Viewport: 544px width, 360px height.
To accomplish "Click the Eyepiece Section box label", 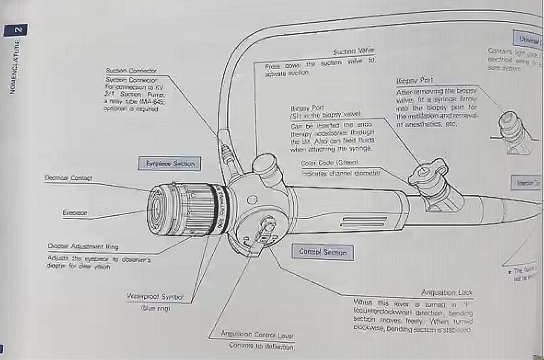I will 170,164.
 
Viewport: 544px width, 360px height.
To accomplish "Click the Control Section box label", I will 323,252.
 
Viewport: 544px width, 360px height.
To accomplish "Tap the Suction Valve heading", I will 354,51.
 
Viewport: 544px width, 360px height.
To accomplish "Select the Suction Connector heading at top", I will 131,70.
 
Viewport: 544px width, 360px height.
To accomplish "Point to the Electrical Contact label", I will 68,178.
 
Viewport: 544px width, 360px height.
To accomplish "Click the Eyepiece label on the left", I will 75,213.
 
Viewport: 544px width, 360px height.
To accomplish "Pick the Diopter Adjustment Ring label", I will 83,247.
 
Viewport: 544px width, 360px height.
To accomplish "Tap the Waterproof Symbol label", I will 155,297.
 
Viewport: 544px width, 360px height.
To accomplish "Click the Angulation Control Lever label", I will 258,334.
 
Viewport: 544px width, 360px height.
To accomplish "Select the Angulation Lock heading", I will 446,293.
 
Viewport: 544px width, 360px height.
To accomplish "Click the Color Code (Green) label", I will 329,163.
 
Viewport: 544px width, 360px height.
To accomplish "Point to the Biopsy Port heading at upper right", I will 414,81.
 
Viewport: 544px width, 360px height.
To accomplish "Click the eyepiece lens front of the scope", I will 155,209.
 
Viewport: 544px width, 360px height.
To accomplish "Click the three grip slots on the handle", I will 363,222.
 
